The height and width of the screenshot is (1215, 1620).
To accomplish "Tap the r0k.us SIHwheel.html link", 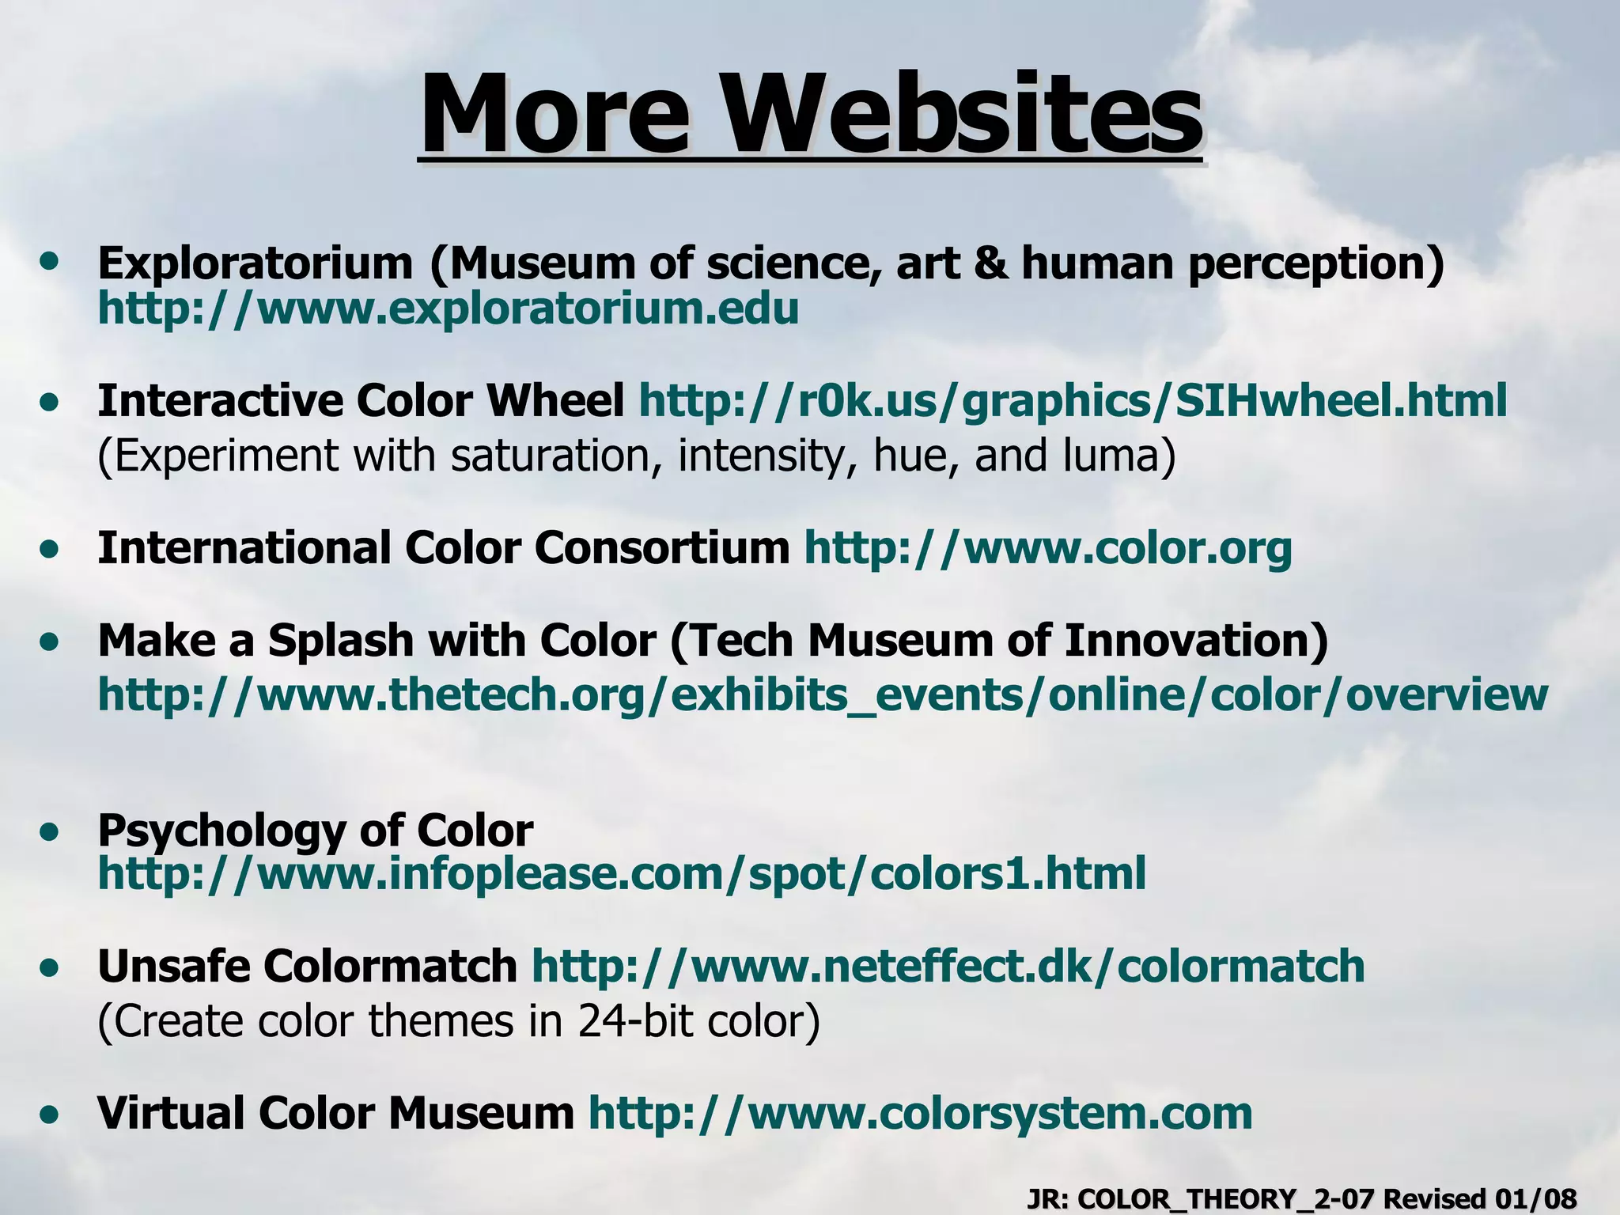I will coord(1073,400).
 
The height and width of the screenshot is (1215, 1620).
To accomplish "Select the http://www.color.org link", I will coord(1048,547).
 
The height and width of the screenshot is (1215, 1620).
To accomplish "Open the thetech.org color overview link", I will coord(823,695).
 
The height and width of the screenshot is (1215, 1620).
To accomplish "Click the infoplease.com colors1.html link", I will coord(622,873).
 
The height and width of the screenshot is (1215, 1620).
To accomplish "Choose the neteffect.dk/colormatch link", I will coord(948,966).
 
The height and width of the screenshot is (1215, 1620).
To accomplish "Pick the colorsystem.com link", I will coord(921,1113).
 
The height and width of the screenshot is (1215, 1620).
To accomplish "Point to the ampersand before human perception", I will coord(991,263).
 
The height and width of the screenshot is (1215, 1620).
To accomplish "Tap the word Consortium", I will coord(661,547).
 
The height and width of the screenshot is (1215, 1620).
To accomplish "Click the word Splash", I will coord(341,640).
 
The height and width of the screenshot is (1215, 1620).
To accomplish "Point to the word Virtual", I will coord(169,1113).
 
